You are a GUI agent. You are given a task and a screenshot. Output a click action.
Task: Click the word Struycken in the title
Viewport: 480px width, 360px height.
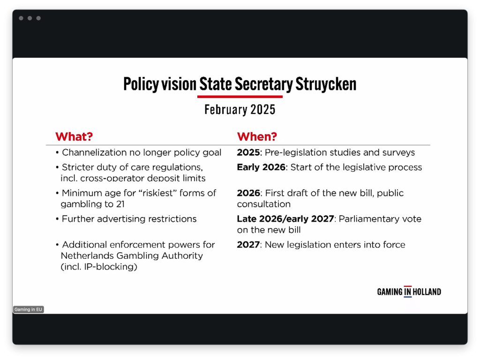tap(326, 84)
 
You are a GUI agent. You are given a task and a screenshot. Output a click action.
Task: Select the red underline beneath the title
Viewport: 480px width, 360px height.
tap(240, 97)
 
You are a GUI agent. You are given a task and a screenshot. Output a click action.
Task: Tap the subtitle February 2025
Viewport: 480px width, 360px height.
tap(240, 110)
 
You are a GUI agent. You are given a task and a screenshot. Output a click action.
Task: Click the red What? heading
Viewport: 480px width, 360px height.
tap(74, 136)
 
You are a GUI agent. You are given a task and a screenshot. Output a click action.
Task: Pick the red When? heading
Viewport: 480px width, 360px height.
tap(257, 136)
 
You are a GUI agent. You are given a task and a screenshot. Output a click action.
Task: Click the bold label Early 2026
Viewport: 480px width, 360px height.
tap(261, 167)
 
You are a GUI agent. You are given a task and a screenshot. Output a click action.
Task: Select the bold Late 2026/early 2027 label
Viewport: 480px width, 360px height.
tap(285, 219)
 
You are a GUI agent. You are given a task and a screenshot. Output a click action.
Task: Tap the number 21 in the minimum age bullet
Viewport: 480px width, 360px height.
tap(120, 204)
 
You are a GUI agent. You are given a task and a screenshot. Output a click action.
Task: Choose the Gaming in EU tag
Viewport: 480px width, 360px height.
tap(29, 309)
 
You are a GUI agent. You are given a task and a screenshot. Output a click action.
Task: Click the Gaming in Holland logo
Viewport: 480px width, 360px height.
tap(409, 292)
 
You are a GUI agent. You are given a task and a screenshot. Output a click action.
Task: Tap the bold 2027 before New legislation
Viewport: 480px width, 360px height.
tap(248, 245)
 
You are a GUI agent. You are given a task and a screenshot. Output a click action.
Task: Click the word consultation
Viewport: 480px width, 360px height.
tap(263, 204)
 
